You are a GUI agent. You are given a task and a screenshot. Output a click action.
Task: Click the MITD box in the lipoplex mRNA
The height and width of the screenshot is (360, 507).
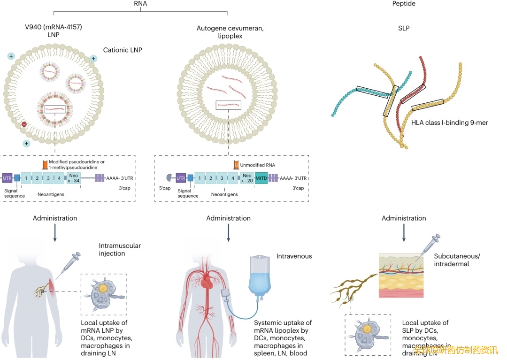click(261, 178)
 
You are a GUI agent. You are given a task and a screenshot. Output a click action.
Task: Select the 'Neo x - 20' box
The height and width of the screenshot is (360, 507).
click(247, 178)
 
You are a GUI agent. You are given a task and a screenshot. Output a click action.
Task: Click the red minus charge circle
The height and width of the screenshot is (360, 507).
click(24, 124)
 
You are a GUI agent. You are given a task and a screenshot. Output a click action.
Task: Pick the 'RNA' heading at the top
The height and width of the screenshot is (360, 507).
click(140, 3)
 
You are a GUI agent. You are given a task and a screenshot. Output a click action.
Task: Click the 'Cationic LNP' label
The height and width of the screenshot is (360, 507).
click(123, 50)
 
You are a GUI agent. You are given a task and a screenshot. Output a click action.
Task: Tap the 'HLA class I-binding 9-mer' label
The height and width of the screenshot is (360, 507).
click(450, 123)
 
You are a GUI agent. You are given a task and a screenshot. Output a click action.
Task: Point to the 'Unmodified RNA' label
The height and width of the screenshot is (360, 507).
click(259, 165)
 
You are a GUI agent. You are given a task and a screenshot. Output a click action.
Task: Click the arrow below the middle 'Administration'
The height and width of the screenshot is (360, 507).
click(229, 233)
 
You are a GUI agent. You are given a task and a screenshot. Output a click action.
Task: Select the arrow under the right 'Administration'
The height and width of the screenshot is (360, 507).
click(404, 233)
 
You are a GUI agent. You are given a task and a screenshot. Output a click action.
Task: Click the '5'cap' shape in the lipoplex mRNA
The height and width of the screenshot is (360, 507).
click(169, 178)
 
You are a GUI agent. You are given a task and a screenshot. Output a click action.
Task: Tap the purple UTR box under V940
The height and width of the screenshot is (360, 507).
click(8, 178)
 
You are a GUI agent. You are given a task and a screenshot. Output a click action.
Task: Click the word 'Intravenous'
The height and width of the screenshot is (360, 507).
click(294, 256)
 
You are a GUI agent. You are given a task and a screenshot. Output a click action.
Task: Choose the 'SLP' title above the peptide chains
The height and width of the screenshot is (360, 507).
click(404, 28)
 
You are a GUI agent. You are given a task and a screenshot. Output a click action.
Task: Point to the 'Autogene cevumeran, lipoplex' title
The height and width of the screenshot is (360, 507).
click(230, 32)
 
